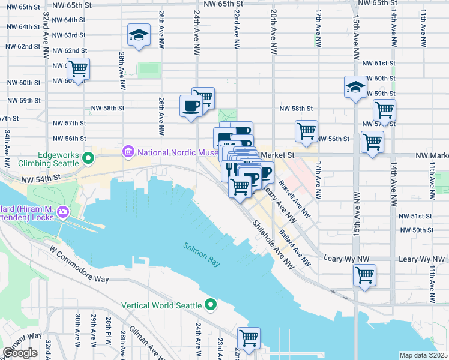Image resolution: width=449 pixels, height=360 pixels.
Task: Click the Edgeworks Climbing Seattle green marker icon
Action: tap(88, 158)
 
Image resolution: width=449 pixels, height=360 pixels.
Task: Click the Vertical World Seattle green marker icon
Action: tap(211, 305)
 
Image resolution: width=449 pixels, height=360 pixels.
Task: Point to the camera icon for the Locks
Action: tap(64, 212)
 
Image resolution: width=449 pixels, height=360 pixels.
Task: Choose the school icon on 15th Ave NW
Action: tap(355, 87)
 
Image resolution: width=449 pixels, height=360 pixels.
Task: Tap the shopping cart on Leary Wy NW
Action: tap(364, 275)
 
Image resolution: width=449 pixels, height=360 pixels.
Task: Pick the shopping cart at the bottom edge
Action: tap(249, 338)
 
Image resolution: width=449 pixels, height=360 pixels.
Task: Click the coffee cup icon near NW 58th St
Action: tap(191, 106)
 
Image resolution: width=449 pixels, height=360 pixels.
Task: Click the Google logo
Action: tap(20, 353)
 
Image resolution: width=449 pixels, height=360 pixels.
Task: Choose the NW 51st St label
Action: tap(415, 216)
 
